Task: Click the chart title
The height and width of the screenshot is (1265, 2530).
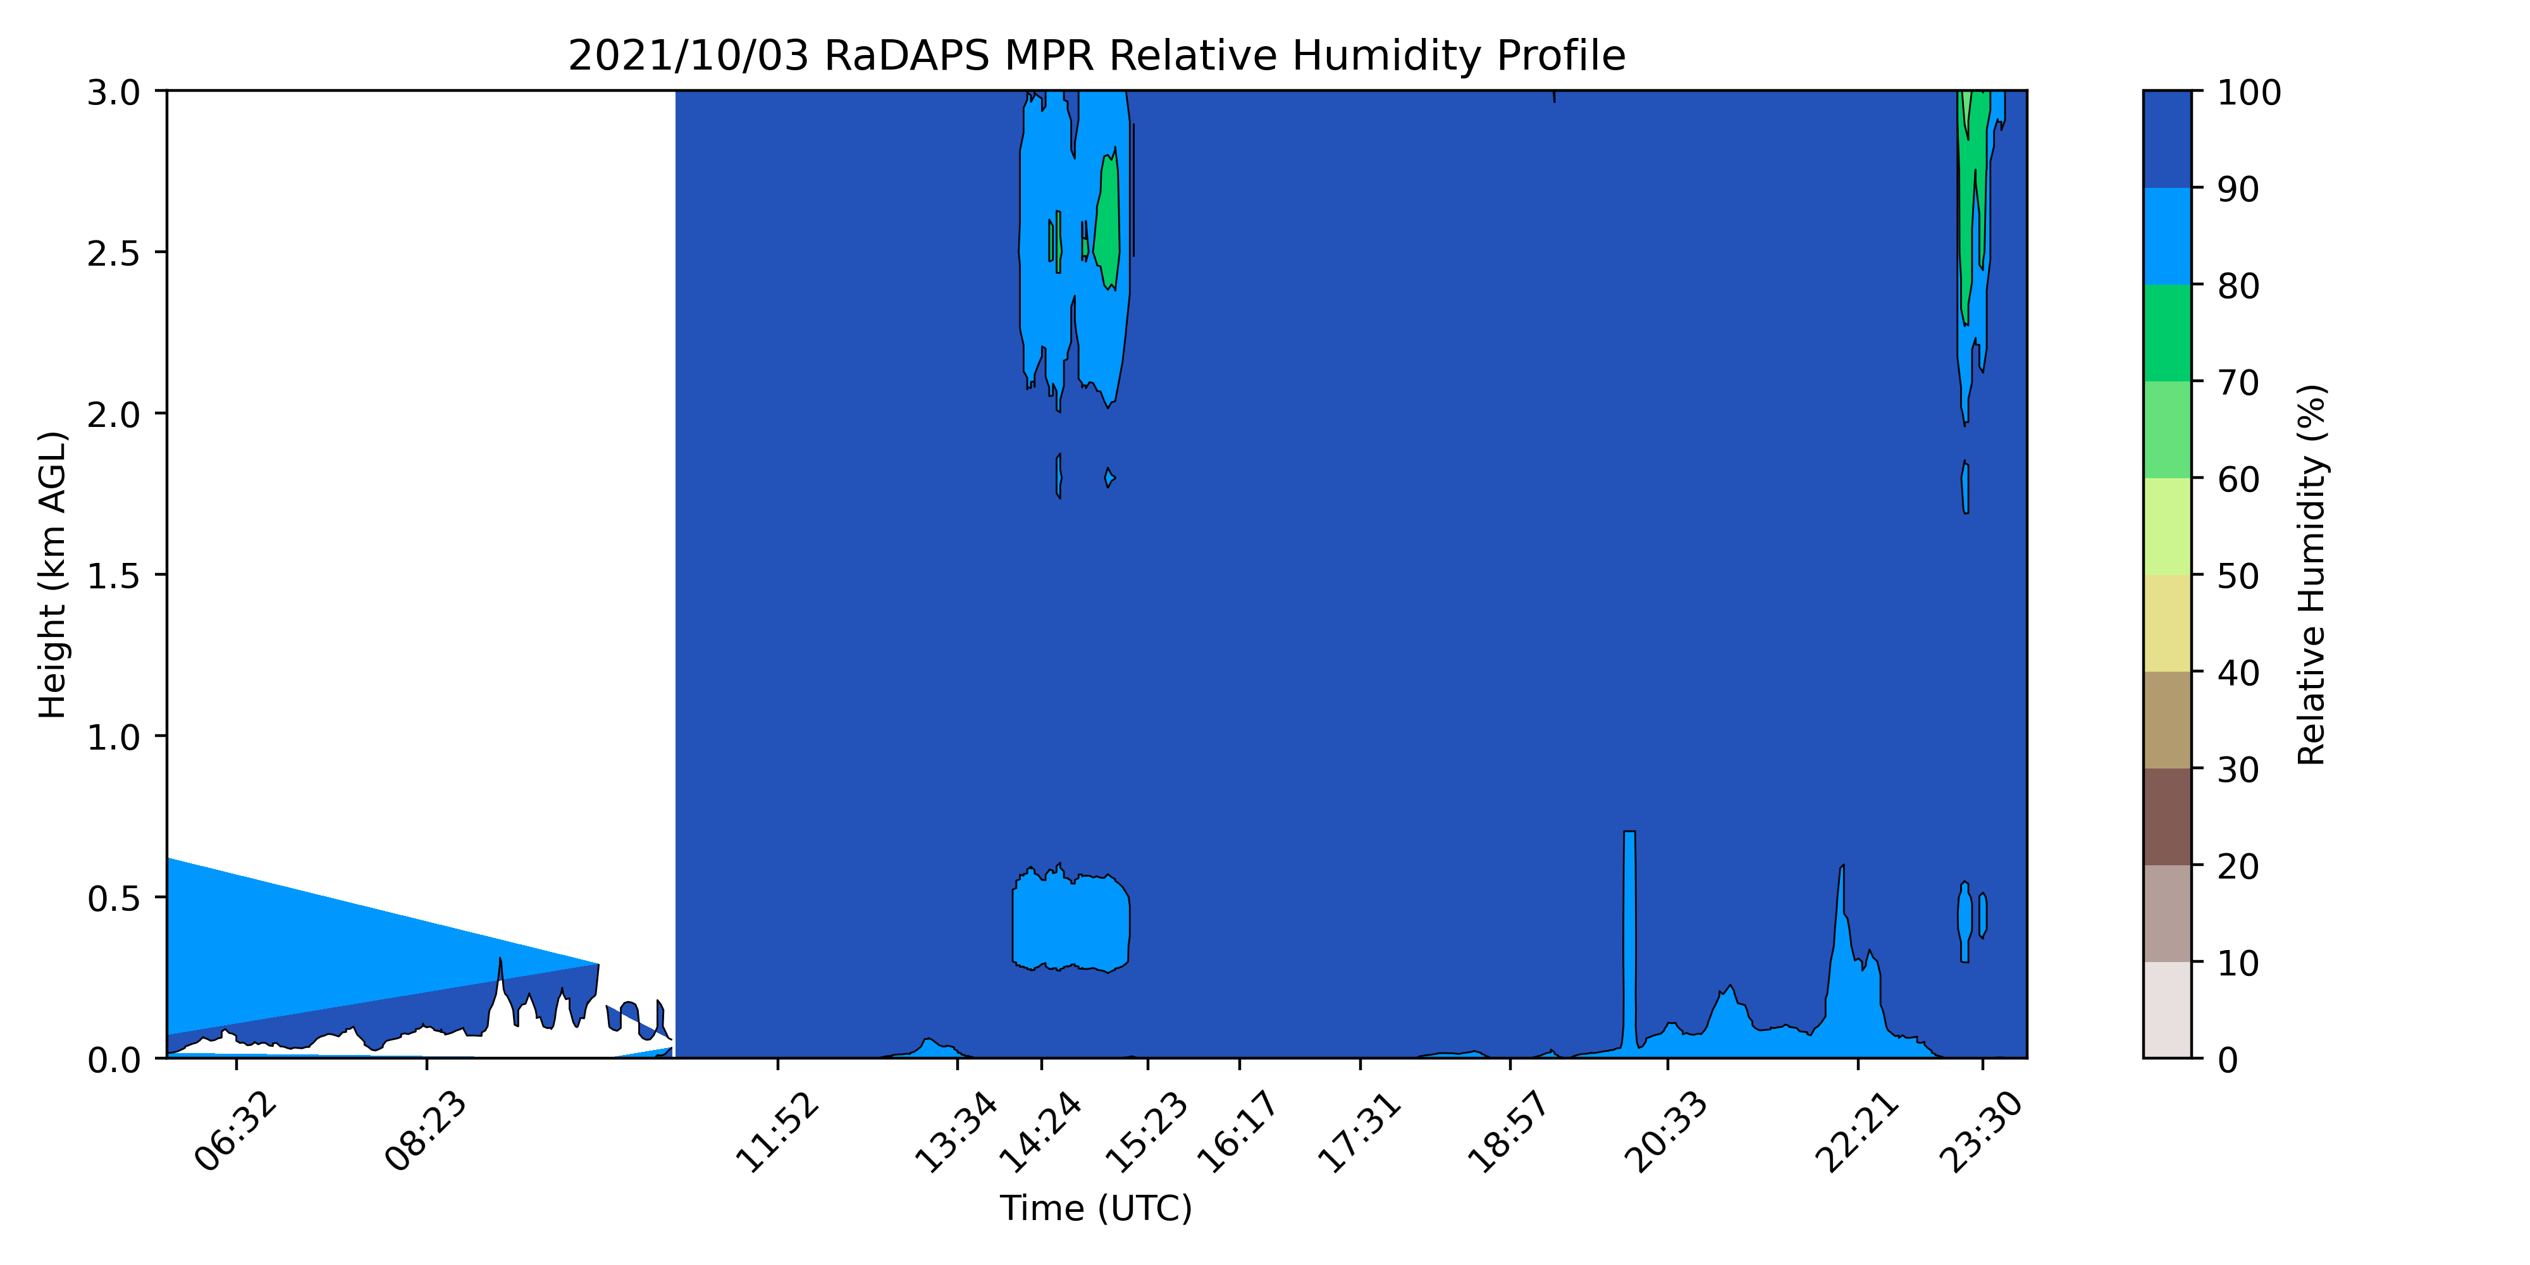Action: click(x=1096, y=56)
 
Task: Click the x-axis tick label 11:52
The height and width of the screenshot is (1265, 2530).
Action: click(x=776, y=1132)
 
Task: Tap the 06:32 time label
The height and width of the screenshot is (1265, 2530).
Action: click(x=235, y=1132)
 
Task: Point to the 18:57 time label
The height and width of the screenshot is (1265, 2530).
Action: click(x=1508, y=1132)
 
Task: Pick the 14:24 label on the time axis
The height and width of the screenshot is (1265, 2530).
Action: click(x=1040, y=1132)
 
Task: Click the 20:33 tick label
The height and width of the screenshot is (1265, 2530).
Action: click(x=1666, y=1132)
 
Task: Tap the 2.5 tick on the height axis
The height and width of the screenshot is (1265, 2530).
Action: click(x=114, y=254)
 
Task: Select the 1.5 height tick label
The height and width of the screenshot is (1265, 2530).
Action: click(x=114, y=576)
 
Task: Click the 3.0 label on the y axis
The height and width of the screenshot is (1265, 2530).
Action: click(x=114, y=92)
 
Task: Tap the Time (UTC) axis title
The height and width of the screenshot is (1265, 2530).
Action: click(x=1096, y=1208)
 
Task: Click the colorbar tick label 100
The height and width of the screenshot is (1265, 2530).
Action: click(x=2249, y=92)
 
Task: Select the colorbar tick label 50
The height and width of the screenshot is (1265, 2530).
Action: click(x=2238, y=576)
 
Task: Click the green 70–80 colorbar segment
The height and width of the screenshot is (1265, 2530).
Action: click(x=2166, y=333)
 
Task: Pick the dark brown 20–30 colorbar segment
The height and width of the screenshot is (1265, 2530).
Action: click(x=2166, y=817)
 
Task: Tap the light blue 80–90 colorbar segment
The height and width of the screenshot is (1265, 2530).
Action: click(x=2166, y=237)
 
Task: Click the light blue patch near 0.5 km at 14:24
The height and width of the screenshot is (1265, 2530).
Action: click(x=1071, y=919)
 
